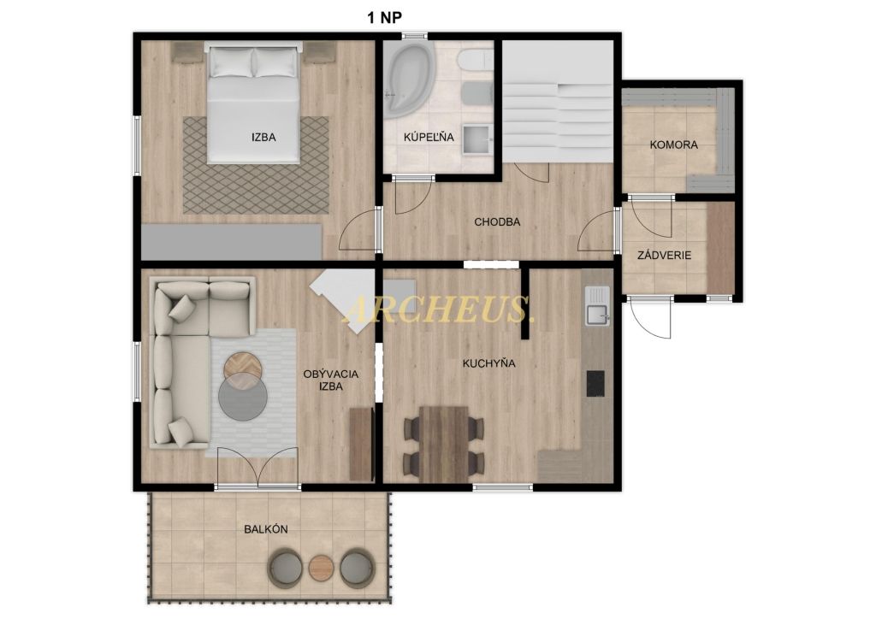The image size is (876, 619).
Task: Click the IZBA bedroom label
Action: click(x=263, y=137)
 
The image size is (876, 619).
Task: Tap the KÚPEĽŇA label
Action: click(x=429, y=137)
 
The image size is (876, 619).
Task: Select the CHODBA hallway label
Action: click(x=497, y=222)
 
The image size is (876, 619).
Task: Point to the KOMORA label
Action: click(x=674, y=144)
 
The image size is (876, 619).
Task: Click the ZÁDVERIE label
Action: click(x=664, y=256)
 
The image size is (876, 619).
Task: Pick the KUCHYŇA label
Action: click(x=488, y=363)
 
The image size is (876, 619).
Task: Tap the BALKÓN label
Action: click(x=266, y=529)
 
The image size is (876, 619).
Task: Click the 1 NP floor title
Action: click(x=384, y=18)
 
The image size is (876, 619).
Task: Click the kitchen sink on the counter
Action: click(x=597, y=306)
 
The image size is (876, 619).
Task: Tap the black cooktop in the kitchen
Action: click(x=595, y=384)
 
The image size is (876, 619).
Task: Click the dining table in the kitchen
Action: click(x=444, y=445)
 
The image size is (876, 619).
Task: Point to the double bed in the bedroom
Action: click(x=253, y=105)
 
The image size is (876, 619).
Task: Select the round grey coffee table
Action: click(x=243, y=397)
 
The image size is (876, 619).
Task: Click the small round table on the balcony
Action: click(x=322, y=568)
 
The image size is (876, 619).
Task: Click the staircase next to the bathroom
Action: click(x=556, y=101)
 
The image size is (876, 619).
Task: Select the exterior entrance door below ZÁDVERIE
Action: click(x=650, y=317)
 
